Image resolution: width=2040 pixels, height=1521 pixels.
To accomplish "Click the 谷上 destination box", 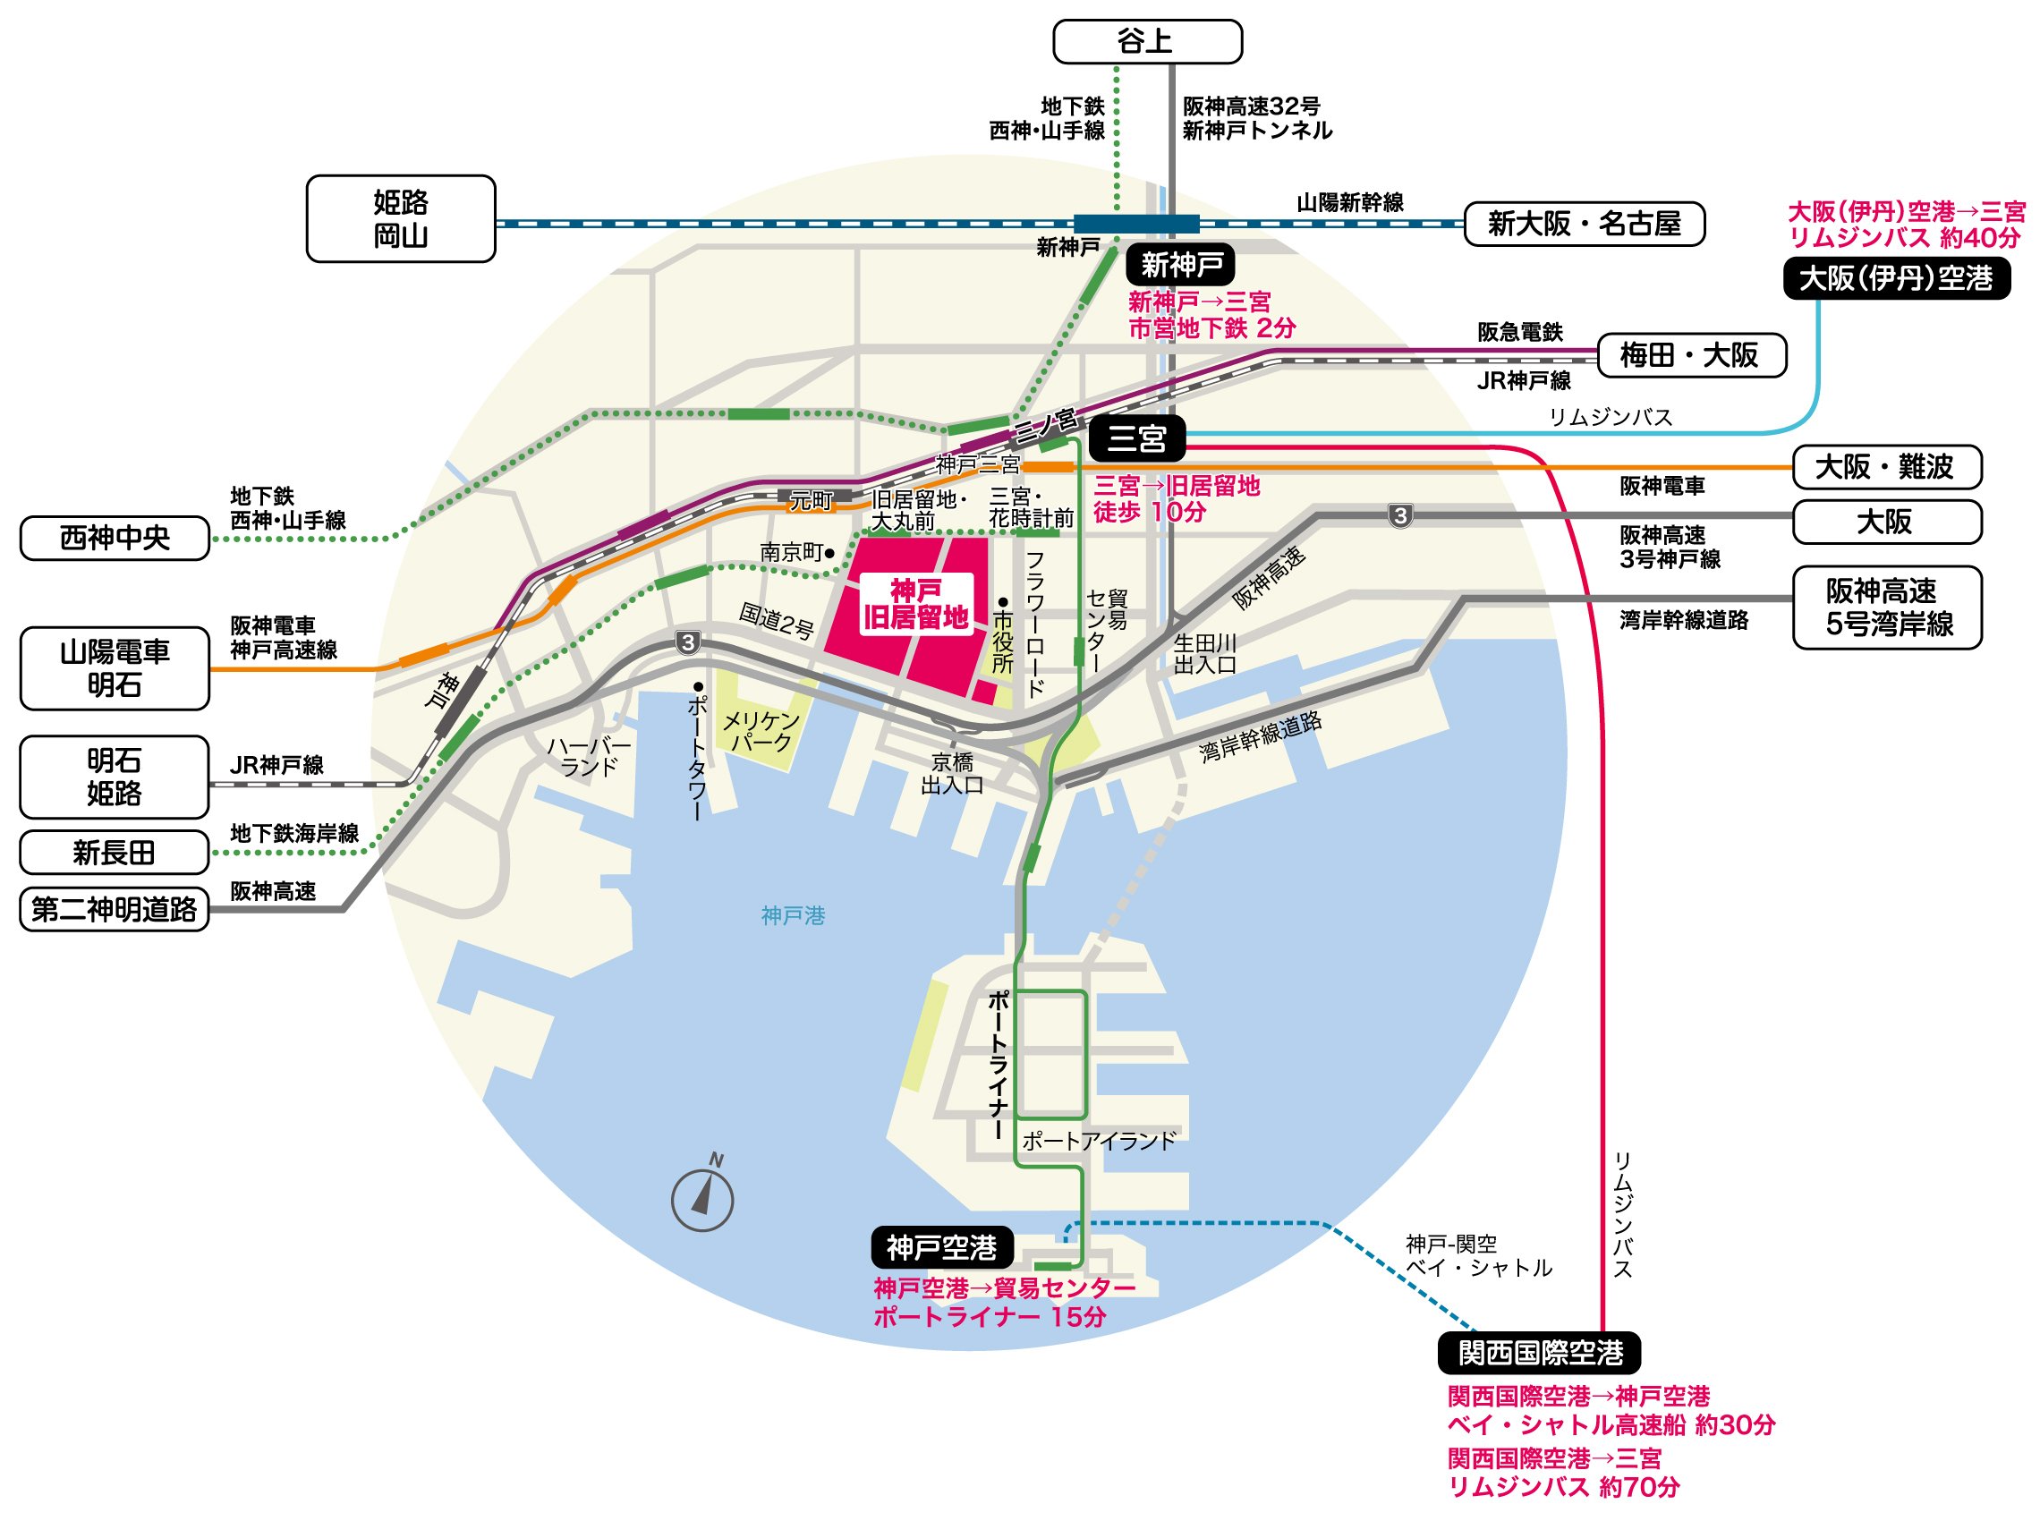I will point(1146,41).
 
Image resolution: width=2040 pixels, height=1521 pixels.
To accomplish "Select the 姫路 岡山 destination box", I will point(401,219).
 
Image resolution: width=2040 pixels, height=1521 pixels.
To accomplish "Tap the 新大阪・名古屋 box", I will point(1584,224).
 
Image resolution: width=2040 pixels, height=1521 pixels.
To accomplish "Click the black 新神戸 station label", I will point(1180,265).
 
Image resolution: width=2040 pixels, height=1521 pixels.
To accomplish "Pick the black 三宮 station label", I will point(1136,438).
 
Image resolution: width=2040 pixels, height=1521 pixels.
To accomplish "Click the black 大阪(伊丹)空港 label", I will point(1895,278).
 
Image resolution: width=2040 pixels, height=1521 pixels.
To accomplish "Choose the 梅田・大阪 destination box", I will point(1690,355).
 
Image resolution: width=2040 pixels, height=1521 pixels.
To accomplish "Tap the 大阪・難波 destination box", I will point(1886,468).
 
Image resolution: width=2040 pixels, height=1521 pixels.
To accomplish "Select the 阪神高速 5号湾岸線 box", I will point(1886,608).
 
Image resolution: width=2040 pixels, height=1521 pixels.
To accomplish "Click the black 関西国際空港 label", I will point(1539,1353).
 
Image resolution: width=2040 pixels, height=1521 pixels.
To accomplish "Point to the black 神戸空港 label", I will point(941,1247).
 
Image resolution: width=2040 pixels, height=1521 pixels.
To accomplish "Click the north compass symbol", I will point(702,1197).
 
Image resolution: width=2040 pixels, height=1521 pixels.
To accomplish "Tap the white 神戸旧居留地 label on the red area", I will point(915,604).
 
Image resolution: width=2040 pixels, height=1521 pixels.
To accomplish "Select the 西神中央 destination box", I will point(115,538).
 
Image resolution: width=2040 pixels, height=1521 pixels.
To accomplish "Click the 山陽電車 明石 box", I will point(115,668).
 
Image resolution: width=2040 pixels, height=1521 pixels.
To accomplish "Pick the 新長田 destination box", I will point(115,853).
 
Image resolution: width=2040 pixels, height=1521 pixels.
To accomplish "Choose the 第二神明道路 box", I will point(115,910).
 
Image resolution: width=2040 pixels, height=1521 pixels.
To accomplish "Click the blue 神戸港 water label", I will point(793,915).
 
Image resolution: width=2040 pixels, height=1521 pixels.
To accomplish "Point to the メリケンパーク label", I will point(761,732).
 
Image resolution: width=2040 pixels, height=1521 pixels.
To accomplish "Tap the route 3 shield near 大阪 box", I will point(1400,515).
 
